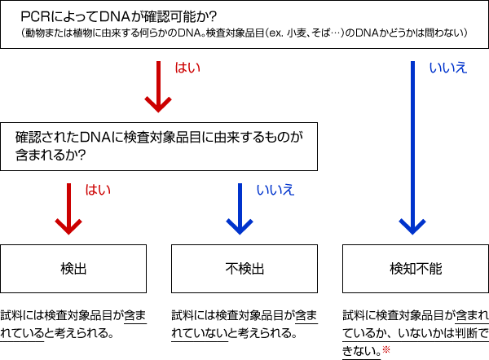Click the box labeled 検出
pyautogui.click(x=73, y=268)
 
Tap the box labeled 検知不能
pyautogui.click(x=415, y=268)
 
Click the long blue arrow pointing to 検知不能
pyautogui.click(x=414, y=147)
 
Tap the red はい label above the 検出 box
pyautogui.click(x=97, y=190)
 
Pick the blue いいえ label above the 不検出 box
pyautogui.click(x=275, y=190)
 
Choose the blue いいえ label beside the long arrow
pyautogui.click(x=447, y=68)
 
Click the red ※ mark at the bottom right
pyautogui.click(x=386, y=350)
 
